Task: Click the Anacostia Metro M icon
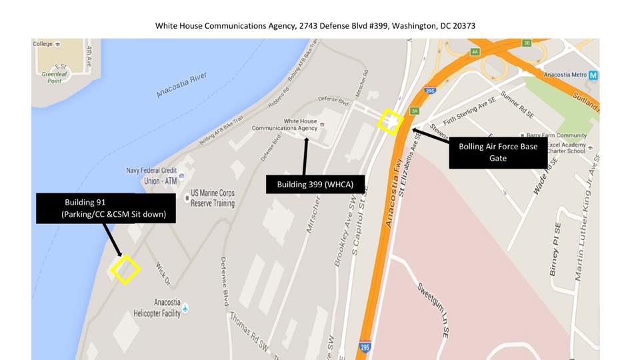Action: [593, 75]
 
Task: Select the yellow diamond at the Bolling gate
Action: [391, 121]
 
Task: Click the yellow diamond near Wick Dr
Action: [125, 270]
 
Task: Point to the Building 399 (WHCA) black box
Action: [315, 184]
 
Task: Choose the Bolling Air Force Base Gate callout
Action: [498, 152]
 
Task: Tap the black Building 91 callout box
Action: [105, 208]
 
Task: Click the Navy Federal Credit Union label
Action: [153, 175]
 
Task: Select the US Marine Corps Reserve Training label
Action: [213, 198]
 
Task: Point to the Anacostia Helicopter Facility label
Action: [167, 308]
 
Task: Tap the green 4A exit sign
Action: [475, 51]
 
